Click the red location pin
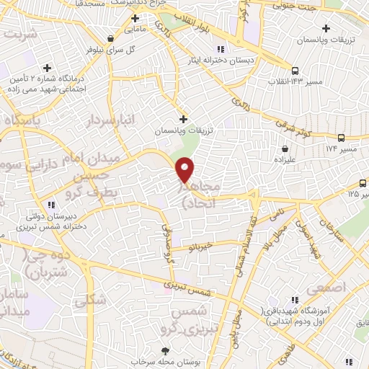click(185, 170)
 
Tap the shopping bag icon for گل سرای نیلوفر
click(109, 39)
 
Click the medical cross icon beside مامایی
click(135, 17)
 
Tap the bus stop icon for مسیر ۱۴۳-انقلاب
click(294, 70)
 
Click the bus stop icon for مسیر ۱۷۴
click(341, 136)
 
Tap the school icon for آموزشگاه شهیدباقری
click(294, 300)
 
